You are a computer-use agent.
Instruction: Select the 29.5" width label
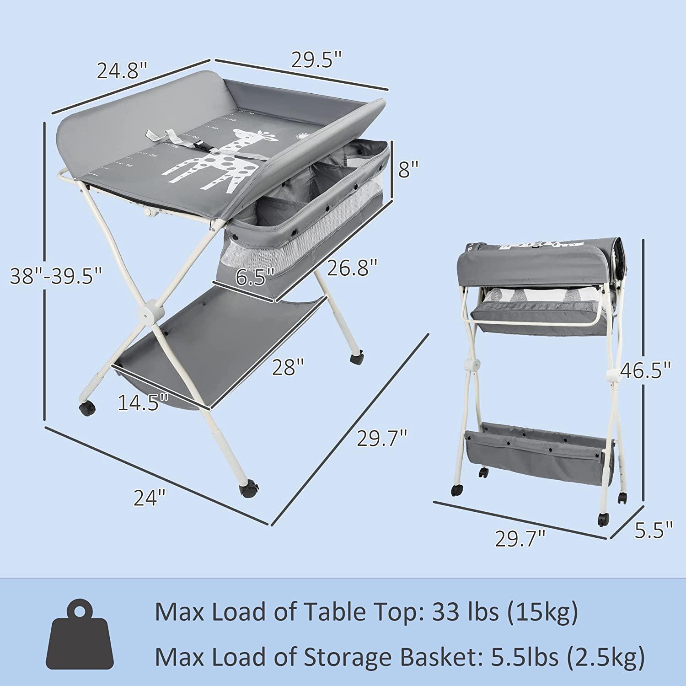(317, 60)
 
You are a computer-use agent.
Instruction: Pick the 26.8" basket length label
(352, 268)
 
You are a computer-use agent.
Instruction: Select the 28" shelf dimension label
(288, 367)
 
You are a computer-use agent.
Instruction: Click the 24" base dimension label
(149, 497)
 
